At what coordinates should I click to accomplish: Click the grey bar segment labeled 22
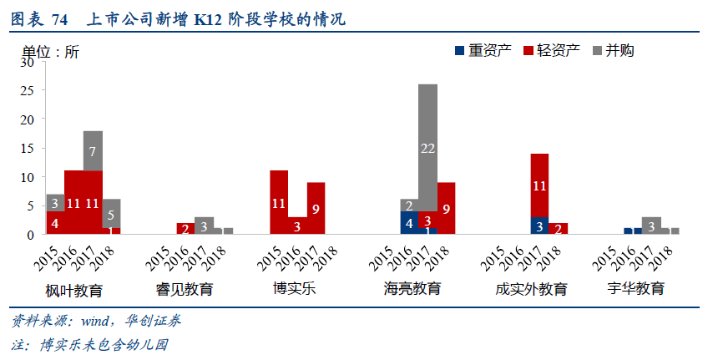pyautogui.click(x=427, y=148)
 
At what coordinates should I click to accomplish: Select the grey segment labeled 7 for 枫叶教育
pyautogui.click(x=93, y=151)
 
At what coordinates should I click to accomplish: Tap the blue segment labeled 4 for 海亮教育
pyautogui.click(x=408, y=223)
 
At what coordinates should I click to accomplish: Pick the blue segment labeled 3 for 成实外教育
pyautogui.click(x=539, y=226)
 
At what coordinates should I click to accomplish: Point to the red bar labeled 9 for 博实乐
pyautogui.click(x=316, y=209)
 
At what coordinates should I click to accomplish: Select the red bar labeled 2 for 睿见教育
pyautogui.click(x=185, y=229)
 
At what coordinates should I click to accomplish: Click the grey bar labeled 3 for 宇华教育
pyautogui.click(x=651, y=226)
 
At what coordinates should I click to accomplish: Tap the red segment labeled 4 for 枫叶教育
pyautogui.click(x=55, y=223)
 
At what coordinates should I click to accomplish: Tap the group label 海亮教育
pyautogui.click(x=412, y=289)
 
